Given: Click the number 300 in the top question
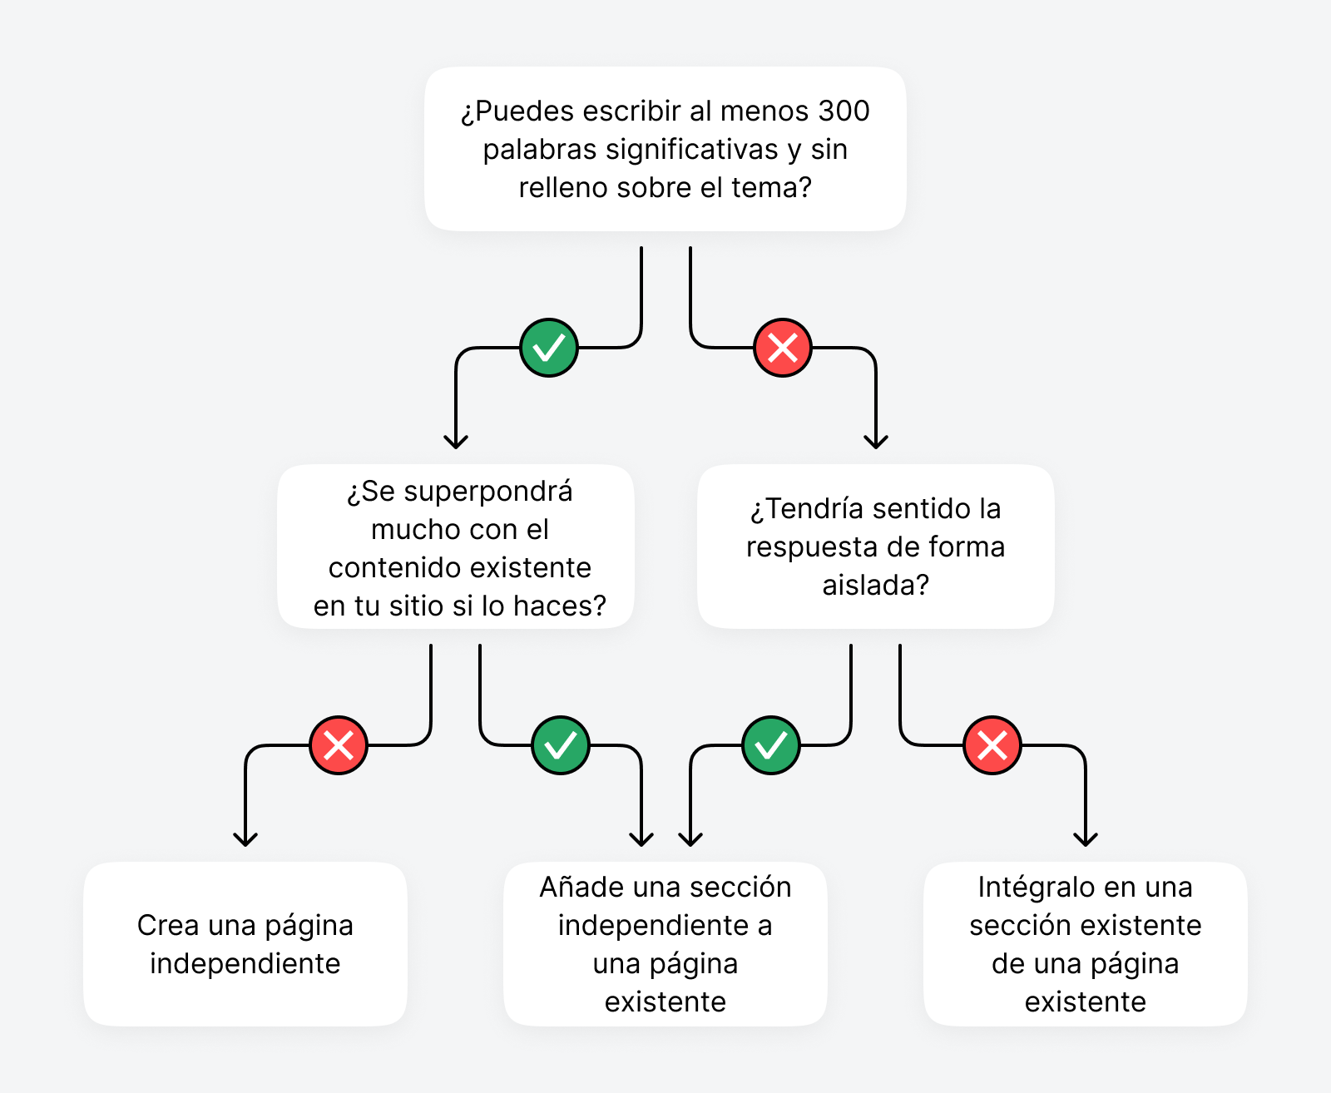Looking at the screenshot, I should click(844, 111).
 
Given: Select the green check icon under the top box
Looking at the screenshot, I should click(549, 348).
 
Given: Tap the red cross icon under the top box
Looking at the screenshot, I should click(783, 348).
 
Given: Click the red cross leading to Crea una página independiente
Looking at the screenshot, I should click(339, 745).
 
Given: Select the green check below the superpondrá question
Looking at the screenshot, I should click(561, 745).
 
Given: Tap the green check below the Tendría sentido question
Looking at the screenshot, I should click(771, 745).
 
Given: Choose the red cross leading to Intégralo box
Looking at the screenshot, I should click(992, 745).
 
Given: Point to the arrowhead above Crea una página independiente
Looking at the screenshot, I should click(245, 839).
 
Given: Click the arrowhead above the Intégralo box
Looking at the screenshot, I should click(1086, 839).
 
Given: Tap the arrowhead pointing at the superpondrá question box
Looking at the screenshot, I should click(456, 442).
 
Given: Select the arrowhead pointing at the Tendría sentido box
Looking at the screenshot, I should click(876, 442).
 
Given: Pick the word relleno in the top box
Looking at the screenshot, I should click(565, 188).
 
